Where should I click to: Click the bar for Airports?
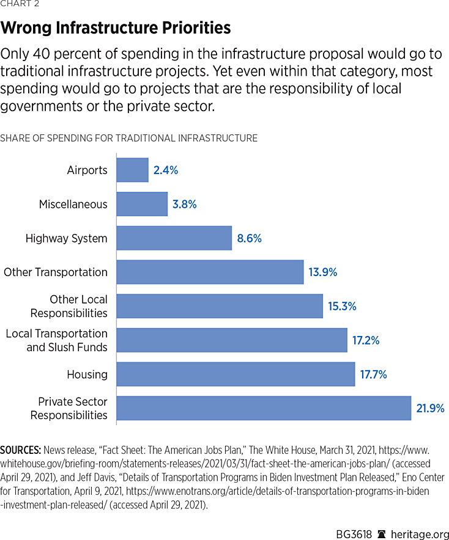[132, 170]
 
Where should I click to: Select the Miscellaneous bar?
[142, 204]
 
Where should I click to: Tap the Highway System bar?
[174, 238]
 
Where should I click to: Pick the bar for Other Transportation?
[210, 272]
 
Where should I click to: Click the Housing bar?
[236, 374]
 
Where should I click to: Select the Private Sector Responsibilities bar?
[264, 408]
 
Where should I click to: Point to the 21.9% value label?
[430, 408]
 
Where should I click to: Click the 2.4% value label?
[166, 170]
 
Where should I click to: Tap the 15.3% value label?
[342, 306]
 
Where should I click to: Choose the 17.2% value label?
[365, 340]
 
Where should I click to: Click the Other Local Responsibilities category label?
[69, 306]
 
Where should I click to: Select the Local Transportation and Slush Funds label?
[57, 340]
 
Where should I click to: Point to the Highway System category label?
[66, 238]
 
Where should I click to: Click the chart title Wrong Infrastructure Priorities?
[116, 28]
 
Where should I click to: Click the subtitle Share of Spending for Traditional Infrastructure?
[128, 138]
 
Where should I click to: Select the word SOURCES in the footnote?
[21, 450]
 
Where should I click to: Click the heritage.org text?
[421, 517]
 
